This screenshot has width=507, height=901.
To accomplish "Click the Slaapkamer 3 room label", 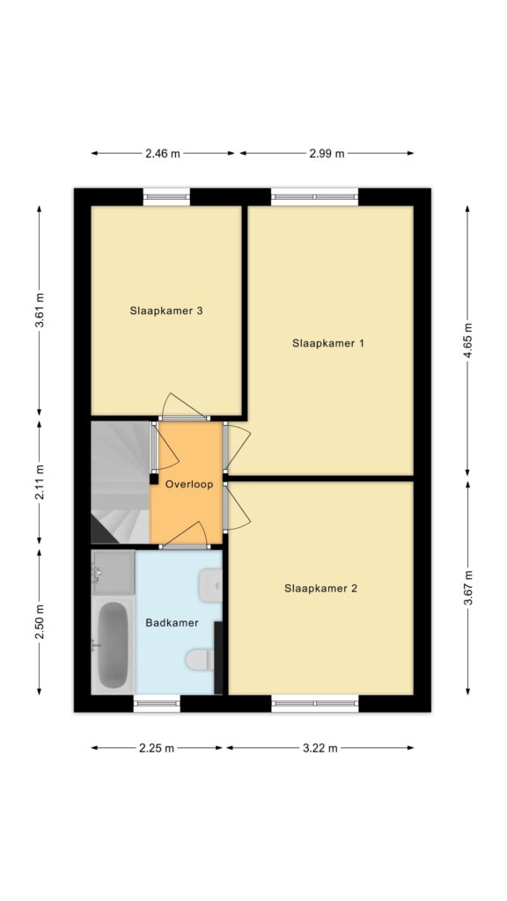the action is [166, 311].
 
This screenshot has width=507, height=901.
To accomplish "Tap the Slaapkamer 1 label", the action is [328, 344].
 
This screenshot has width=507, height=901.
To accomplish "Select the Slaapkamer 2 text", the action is [320, 589].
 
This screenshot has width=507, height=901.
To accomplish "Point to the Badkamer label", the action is [172, 622].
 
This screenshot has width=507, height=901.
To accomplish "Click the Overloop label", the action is [189, 485].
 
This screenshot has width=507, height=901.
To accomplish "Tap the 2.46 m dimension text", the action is [163, 153].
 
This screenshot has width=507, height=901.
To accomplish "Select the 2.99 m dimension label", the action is [327, 153].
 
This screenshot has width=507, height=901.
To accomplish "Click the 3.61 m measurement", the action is [40, 311].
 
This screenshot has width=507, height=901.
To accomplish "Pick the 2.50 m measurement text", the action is [40, 622].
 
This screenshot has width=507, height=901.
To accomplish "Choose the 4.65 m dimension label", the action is [468, 341].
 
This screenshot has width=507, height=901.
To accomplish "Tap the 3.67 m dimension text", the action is [468, 587].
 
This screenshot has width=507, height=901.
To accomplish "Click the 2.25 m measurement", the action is [157, 748].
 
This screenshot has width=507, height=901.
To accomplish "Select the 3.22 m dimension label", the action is [320, 748].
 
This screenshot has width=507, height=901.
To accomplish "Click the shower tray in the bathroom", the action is [113, 572].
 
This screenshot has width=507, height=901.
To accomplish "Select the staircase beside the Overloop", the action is [121, 482].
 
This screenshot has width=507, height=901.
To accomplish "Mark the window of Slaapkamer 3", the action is [166, 197].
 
